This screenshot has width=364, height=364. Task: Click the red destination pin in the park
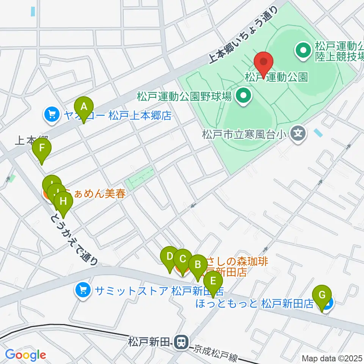264,62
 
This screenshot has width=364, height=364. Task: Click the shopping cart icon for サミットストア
83,291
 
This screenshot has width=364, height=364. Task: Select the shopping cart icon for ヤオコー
51,116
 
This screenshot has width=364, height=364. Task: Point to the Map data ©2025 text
332,358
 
